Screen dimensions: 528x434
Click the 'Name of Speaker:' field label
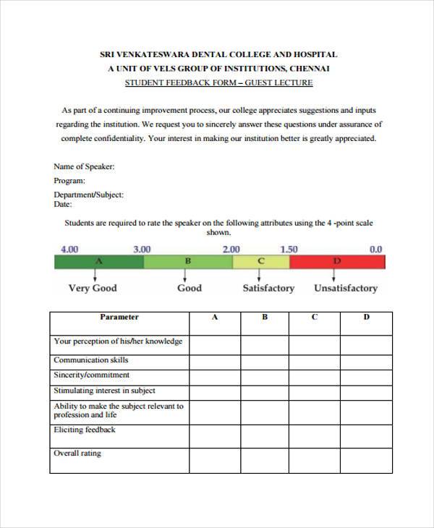(84, 167)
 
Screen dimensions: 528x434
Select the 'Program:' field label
(69, 181)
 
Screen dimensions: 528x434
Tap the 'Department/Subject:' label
(88, 195)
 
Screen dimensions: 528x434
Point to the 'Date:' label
(63, 205)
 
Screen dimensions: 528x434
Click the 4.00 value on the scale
(69, 250)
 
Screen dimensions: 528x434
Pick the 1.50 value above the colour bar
(289, 250)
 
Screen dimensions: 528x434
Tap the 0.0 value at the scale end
(375, 250)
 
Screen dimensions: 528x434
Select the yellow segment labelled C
(261, 261)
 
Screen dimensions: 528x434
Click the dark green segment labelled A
(99, 261)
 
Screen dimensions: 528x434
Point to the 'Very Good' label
(92, 288)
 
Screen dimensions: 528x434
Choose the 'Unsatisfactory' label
(345, 288)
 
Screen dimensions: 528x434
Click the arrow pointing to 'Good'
(185, 275)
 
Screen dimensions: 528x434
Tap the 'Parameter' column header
(119, 318)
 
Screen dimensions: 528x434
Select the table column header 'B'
(265, 318)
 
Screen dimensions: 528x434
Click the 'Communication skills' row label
(91, 359)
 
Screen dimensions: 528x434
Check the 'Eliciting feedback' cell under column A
(214, 435)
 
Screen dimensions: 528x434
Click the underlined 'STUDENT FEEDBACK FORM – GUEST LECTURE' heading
(218, 82)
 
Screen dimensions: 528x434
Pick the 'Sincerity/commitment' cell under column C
(315, 375)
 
